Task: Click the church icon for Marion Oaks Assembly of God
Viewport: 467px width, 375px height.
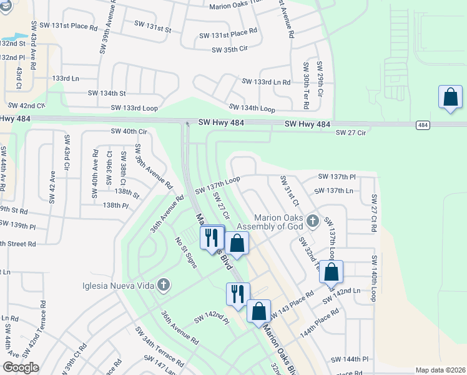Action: (x=313, y=221)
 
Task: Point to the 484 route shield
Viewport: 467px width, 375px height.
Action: (x=423, y=126)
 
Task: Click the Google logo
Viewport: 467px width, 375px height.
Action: (x=21, y=367)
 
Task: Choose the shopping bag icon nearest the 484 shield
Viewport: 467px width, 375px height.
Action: (x=450, y=97)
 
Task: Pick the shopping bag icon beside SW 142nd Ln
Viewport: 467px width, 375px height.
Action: (x=332, y=272)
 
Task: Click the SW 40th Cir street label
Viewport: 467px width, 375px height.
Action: (x=129, y=131)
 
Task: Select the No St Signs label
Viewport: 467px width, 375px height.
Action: (x=186, y=252)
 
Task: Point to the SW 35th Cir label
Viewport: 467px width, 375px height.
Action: (x=230, y=50)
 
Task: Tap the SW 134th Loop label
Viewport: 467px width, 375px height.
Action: (x=252, y=109)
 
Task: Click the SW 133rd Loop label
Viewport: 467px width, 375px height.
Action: (x=134, y=107)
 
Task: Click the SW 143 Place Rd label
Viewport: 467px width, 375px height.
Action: (x=293, y=302)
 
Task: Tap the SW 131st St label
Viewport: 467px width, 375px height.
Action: (x=152, y=29)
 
